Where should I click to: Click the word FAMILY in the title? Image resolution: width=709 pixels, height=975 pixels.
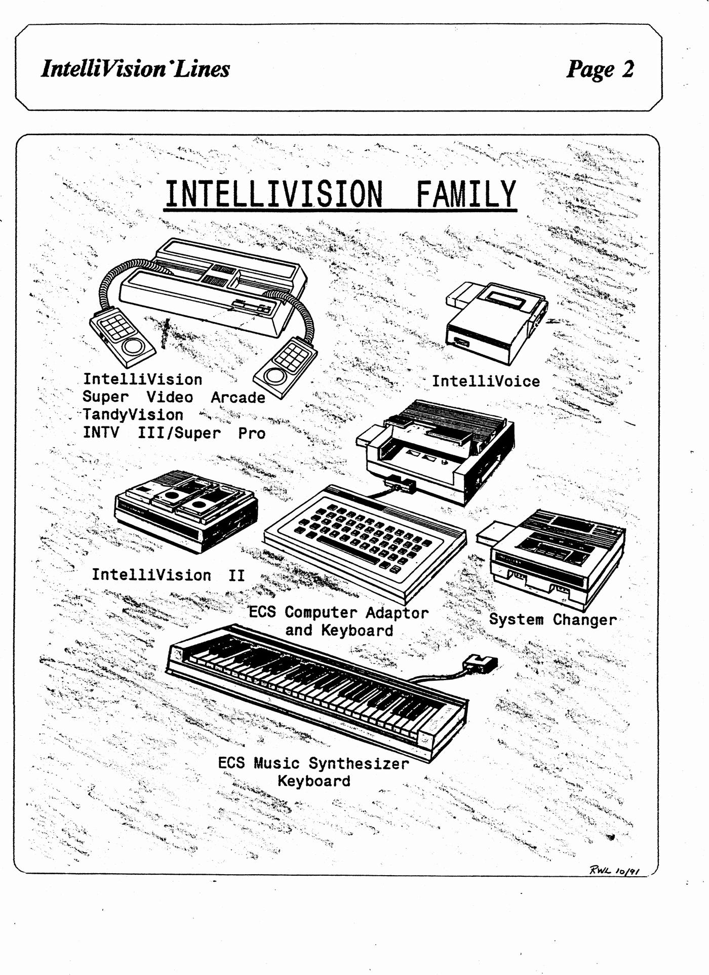point(466,194)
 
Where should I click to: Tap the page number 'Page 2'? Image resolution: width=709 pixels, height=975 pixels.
point(600,69)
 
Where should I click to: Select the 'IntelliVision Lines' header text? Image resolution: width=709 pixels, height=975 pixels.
point(135,69)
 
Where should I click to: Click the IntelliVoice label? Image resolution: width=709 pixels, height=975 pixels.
point(486,381)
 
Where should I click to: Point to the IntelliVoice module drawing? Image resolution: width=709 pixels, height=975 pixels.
point(494,322)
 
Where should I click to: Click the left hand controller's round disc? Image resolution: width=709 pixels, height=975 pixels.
point(134,347)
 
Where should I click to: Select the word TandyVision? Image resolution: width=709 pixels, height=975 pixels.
point(133,415)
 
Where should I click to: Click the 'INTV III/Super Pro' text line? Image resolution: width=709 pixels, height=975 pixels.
point(174,433)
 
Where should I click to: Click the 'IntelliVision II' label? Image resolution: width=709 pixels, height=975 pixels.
point(168,575)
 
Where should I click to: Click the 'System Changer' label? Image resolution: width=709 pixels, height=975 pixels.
point(553,619)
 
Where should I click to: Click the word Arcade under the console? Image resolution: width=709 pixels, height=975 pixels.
point(238,398)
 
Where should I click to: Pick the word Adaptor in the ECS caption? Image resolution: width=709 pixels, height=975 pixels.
point(397,613)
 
